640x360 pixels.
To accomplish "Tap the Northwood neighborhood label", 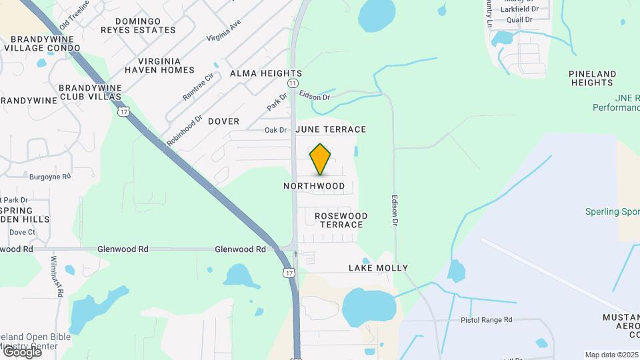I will point(314,186).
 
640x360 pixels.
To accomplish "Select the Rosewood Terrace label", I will point(341,220).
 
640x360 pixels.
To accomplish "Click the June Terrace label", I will point(331,129).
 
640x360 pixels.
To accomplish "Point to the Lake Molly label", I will point(378,268).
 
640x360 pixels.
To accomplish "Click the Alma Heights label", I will point(266,73).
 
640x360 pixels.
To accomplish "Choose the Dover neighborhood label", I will point(223,121).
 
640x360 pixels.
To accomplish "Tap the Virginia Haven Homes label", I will point(159,65).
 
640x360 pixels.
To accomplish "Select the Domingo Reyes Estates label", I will point(139,25).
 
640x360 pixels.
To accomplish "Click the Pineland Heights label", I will point(592,78).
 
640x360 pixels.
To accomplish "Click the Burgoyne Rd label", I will point(50,177).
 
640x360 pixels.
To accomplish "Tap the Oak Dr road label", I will point(275,130).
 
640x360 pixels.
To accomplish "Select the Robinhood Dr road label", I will point(185,131).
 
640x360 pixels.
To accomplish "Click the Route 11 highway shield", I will point(293,83).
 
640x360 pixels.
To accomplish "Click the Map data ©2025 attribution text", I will point(611,355).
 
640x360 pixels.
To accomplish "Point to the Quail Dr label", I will point(519,20).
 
